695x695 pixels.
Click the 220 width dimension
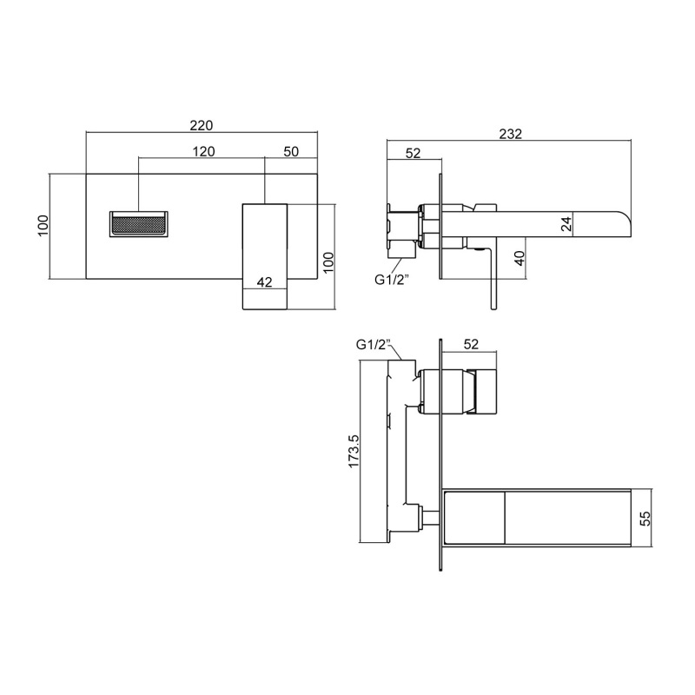pos(202,124)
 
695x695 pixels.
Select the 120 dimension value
pos(203,151)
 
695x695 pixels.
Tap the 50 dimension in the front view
pos(291,151)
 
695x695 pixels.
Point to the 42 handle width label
pos(266,281)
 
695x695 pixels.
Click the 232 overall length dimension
pos(510,134)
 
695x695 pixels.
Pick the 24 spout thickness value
pos(566,223)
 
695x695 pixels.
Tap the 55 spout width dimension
pos(645,519)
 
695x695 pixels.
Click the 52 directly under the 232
pos(413,153)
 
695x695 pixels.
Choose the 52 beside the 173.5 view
pos(471,344)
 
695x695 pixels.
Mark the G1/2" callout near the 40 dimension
pos(391,279)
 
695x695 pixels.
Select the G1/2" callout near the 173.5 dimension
pos(374,344)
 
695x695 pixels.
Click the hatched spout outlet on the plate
pos(139,223)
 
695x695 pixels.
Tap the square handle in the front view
pos(264,257)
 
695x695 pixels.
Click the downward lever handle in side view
pos(493,278)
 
